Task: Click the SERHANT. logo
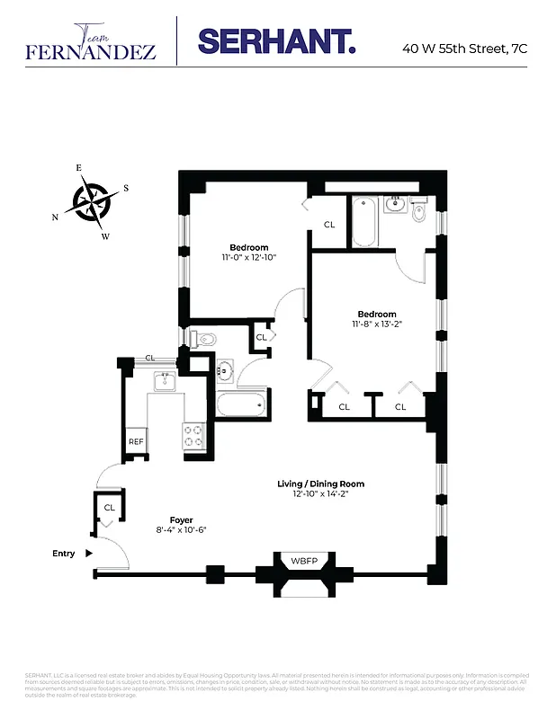click(276, 40)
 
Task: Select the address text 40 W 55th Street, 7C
click(464, 49)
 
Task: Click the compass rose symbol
click(93, 200)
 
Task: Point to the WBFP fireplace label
click(303, 562)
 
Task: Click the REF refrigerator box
click(136, 441)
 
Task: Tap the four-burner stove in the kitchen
click(194, 437)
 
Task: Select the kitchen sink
click(165, 382)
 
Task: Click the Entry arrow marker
click(88, 554)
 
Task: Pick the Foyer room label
click(182, 519)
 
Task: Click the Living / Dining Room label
click(320, 484)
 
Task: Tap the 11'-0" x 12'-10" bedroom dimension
click(248, 257)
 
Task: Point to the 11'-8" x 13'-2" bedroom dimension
click(375, 324)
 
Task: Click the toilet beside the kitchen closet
click(205, 339)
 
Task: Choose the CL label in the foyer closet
click(110, 507)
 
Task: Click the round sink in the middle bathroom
click(226, 369)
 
